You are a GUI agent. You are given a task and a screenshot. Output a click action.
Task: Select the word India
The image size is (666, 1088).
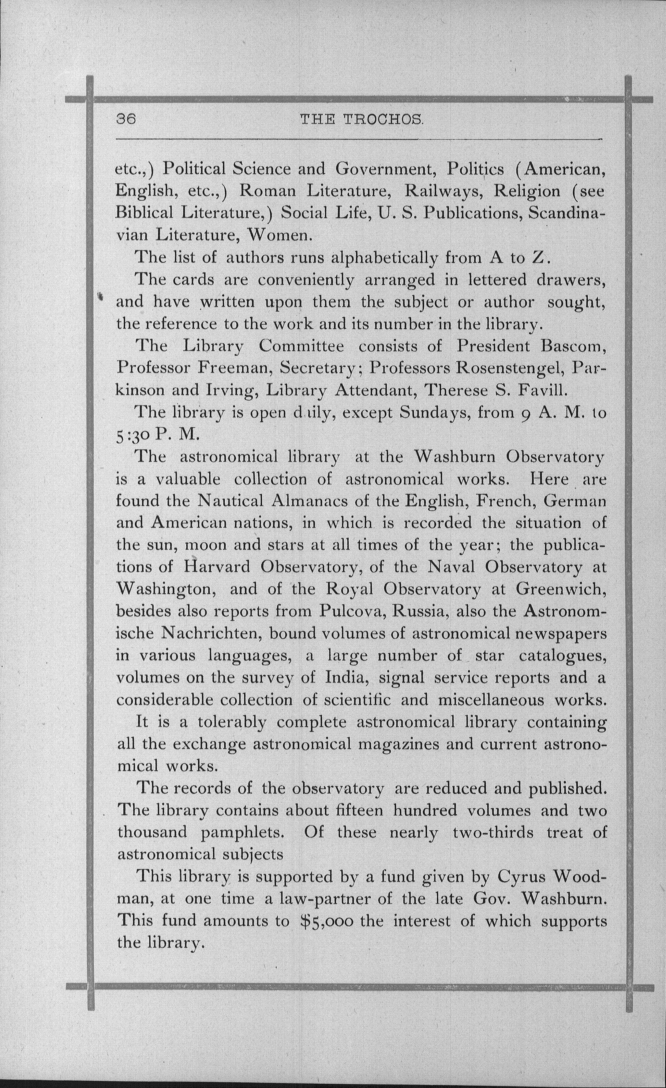click(346, 677)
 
